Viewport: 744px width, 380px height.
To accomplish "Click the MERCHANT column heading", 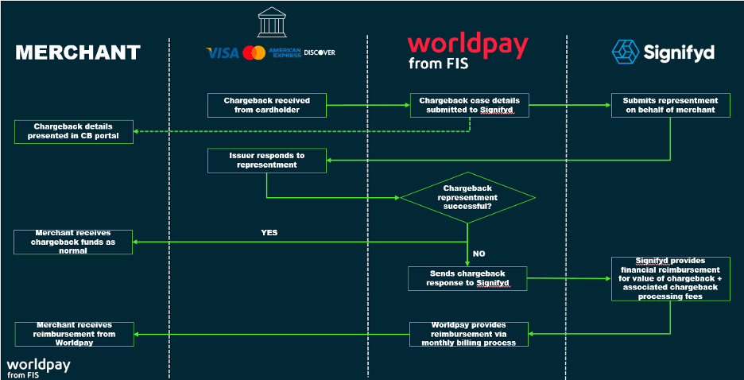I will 78,52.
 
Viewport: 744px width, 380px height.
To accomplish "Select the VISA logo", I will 223,52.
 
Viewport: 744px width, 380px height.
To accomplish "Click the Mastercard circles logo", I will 254,52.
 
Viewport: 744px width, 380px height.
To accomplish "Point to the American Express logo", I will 285,52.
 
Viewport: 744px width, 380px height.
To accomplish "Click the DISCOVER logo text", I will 320,52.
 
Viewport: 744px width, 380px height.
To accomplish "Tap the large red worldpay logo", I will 467,45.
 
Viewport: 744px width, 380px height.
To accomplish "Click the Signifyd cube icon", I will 625,52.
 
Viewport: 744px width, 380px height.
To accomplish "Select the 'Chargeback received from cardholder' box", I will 266,105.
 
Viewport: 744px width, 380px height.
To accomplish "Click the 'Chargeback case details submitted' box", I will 469,105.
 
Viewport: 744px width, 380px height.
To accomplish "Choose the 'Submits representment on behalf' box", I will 669,105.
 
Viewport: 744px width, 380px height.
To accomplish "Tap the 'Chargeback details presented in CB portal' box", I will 73,131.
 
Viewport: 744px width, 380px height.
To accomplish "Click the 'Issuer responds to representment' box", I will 266,160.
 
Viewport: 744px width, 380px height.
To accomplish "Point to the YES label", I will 269,233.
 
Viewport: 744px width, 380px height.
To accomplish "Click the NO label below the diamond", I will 479,254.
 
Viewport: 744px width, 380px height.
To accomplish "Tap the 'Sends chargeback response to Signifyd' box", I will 468,277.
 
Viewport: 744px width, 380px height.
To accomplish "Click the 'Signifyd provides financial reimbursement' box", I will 670,277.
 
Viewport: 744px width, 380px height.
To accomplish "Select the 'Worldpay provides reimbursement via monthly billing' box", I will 468,333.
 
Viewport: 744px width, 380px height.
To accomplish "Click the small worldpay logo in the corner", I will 38,367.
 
